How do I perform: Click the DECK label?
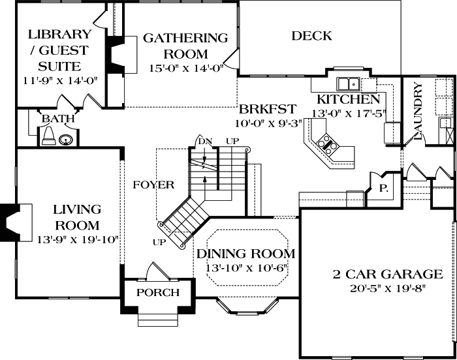coord(311,36)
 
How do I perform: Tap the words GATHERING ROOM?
coord(185,46)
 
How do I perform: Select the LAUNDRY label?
coord(418,112)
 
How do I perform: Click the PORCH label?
coord(157,292)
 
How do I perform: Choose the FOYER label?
coord(153,185)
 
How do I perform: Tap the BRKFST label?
coord(268,109)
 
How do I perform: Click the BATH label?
coord(58,119)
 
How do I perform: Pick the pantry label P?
coord(383,187)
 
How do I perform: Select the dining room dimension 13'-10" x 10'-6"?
coord(247,267)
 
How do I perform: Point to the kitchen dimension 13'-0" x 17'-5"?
coord(349,112)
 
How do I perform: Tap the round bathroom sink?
coord(65,138)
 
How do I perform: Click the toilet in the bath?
coord(48,136)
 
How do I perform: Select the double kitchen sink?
coord(349,84)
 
